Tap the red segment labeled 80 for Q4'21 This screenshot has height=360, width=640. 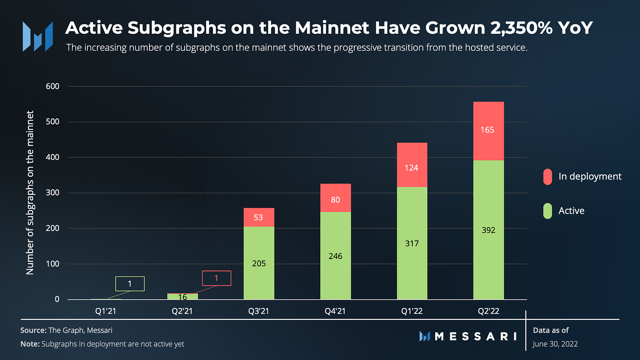pyautogui.click(x=336, y=198)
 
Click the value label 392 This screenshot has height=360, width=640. pyautogui.click(x=488, y=230)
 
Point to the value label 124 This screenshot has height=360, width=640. pyautogui.click(x=412, y=168)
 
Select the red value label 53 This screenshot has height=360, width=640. pyautogui.click(x=259, y=217)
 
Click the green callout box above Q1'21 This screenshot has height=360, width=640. pyautogui.click(x=130, y=284)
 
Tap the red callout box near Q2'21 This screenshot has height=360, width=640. pyautogui.click(x=216, y=278)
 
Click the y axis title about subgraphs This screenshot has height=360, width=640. pyautogui.click(x=30, y=192)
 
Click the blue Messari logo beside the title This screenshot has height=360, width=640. pyautogui.click(x=38, y=36)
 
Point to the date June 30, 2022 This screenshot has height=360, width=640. pyautogui.click(x=555, y=344)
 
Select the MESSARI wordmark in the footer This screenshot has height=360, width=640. pyautogui.click(x=475, y=337)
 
